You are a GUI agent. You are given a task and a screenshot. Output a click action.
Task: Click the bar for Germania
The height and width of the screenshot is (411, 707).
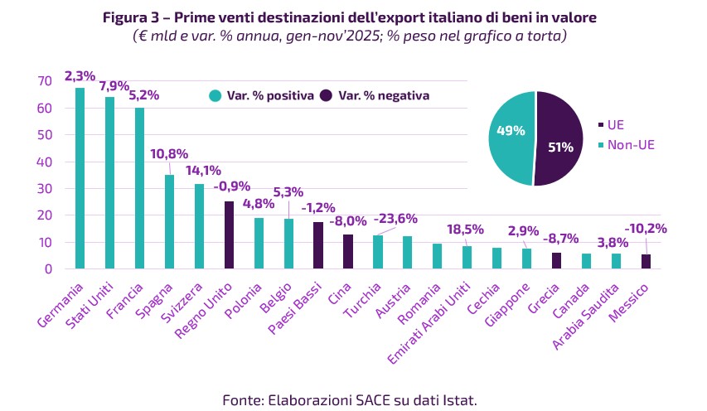[80, 178]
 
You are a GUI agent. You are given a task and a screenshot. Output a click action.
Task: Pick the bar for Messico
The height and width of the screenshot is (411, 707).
[646, 261]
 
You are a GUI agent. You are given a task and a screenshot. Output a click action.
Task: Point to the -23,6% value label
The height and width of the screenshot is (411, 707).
[395, 219]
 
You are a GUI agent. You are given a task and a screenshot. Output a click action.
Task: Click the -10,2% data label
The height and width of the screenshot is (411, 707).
[645, 228]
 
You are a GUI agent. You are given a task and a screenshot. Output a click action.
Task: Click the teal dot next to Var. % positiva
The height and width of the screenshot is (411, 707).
[215, 95]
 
